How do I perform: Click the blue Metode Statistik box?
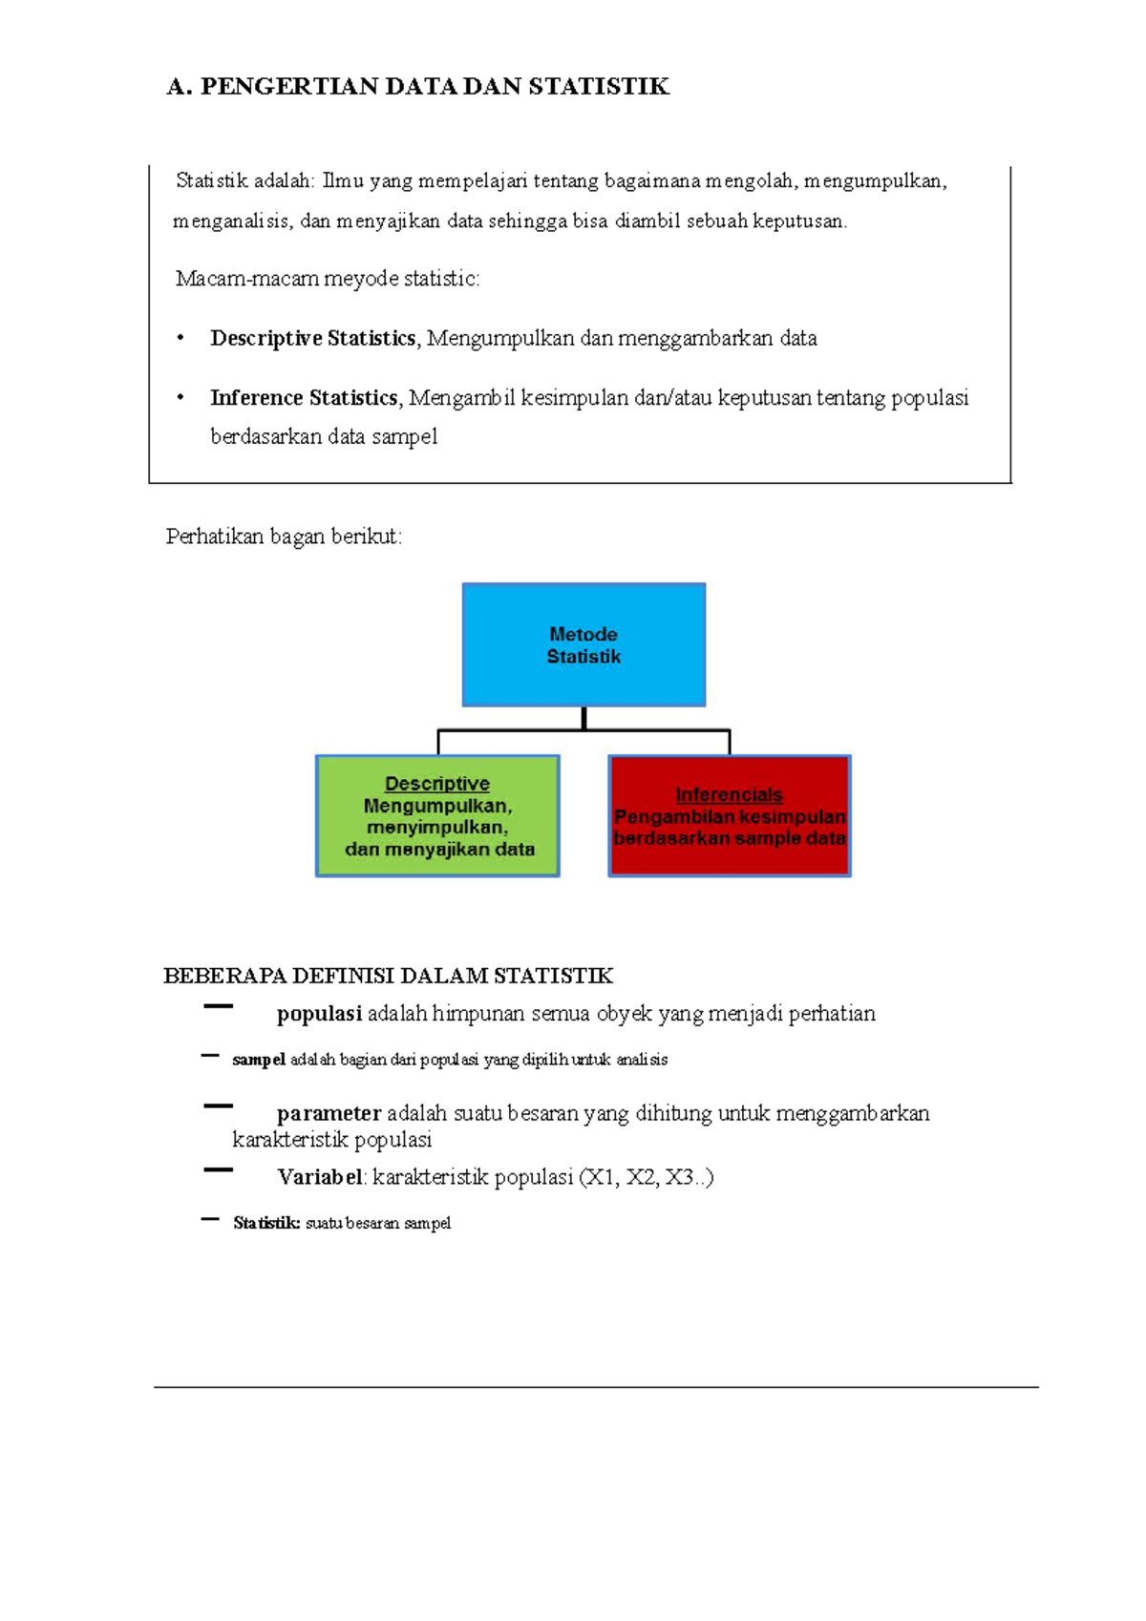click(584, 644)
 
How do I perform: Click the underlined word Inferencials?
click(729, 794)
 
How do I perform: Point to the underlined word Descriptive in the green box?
click(437, 784)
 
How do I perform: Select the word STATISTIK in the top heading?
click(599, 87)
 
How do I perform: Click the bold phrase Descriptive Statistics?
click(313, 338)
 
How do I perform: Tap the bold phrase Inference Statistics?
click(304, 397)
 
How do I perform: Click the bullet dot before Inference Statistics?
click(180, 397)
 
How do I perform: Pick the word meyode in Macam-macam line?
click(361, 279)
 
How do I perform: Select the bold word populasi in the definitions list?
click(319, 1014)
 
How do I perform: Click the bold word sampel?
click(259, 1060)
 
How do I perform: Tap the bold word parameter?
click(329, 1113)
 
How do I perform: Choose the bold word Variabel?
click(321, 1177)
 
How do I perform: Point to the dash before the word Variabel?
click(218, 1169)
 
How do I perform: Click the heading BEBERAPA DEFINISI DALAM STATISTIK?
click(388, 976)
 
